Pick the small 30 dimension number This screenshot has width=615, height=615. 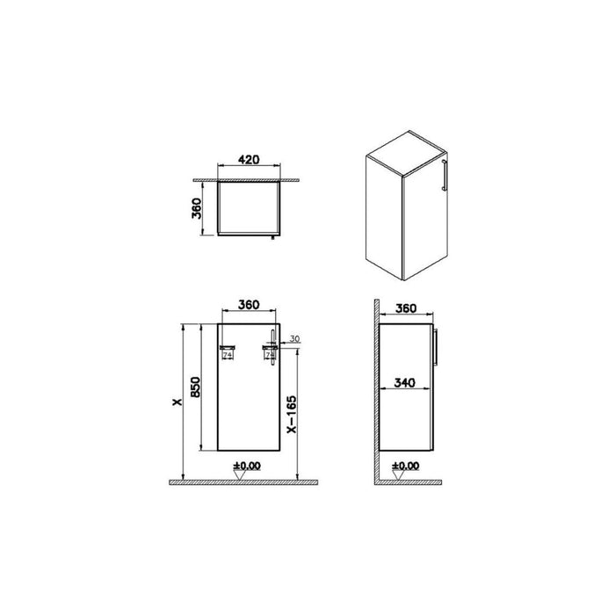294,339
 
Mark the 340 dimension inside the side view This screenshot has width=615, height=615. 405,383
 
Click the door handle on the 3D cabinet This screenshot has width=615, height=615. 448,175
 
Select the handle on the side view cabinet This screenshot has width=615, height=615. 438,349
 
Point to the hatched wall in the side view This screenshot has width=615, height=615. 374,395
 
